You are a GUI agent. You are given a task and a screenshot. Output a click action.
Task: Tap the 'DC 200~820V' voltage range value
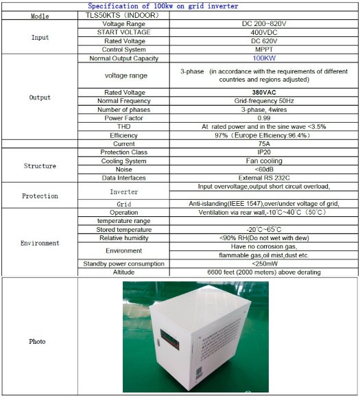tap(263, 23)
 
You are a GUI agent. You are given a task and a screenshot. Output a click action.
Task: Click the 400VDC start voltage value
tap(263, 32)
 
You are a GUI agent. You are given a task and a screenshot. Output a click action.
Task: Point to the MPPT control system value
tap(263, 49)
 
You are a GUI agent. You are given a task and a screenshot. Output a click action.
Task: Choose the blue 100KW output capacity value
tap(264, 58)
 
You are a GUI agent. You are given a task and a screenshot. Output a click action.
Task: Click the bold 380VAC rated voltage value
tap(264, 93)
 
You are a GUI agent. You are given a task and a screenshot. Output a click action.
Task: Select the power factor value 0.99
tap(264, 118)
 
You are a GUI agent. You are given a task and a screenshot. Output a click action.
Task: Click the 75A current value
tap(264, 143)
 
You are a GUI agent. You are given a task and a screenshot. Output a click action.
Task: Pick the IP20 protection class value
tap(264, 152)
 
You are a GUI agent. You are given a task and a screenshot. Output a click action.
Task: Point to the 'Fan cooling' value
tap(264, 161)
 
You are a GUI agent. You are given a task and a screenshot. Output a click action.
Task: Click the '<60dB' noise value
tap(264, 169)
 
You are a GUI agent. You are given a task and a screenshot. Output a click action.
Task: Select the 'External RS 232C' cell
tap(264, 178)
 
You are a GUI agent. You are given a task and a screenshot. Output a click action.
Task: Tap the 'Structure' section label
tap(40, 165)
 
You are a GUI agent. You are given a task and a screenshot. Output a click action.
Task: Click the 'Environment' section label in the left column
tap(40, 243)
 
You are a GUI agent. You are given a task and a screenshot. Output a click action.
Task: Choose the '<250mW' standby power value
tap(264, 264)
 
